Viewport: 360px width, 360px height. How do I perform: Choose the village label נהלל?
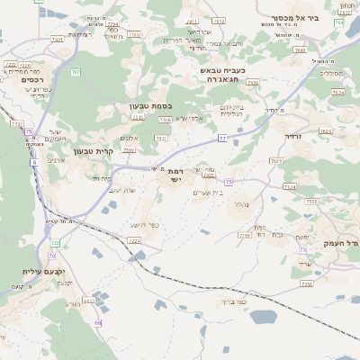240,203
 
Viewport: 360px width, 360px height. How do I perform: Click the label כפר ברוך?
256,302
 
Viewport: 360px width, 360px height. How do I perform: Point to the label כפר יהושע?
143,224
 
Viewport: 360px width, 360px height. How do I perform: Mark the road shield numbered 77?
221,139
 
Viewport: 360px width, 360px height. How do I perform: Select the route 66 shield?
98,321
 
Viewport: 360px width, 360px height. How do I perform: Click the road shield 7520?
252,82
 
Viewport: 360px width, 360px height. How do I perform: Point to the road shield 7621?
57,40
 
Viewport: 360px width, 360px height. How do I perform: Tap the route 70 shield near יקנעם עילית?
54,244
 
